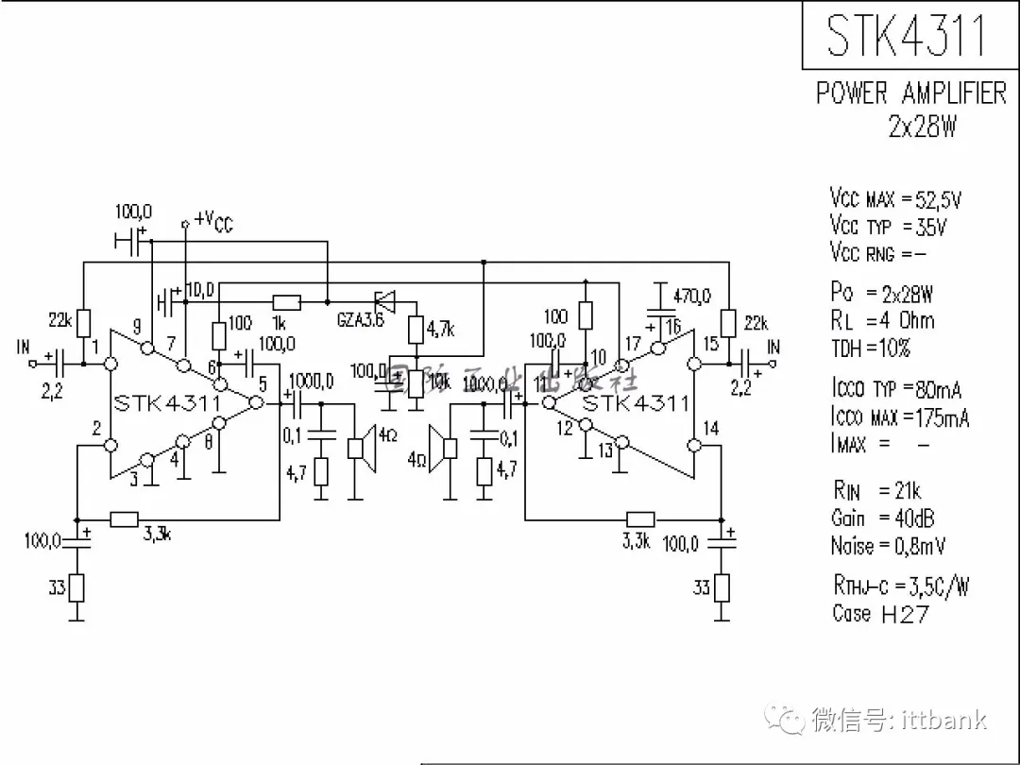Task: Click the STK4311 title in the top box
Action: pyautogui.click(x=906, y=35)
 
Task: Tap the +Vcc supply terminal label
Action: pyautogui.click(x=213, y=222)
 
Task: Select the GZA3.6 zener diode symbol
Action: pyautogui.click(x=384, y=302)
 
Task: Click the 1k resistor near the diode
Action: pyautogui.click(x=286, y=302)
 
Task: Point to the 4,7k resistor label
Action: pyautogui.click(x=439, y=330)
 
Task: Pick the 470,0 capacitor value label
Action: pyautogui.click(x=692, y=296)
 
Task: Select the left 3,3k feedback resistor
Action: pyautogui.click(x=125, y=518)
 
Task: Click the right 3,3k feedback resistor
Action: pyautogui.click(x=641, y=518)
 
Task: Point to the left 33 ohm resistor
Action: pyautogui.click(x=77, y=588)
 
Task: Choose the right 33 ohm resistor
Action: pyautogui.click(x=722, y=587)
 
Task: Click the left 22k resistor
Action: pyautogui.click(x=83, y=322)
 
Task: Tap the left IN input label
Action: pyautogui.click(x=24, y=348)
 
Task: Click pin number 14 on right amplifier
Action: pyautogui.click(x=711, y=429)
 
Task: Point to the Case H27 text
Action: pyautogui.click(x=880, y=614)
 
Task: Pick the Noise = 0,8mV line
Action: pyautogui.click(x=888, y=546)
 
